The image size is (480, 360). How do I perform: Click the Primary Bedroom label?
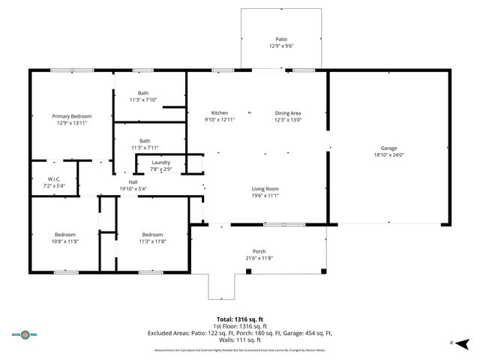[72, 116]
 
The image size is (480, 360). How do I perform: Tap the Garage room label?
[388, 148]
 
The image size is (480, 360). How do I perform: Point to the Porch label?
[259, 251]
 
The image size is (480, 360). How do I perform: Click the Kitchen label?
[220, 112]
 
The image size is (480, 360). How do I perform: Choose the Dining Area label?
[288, 112]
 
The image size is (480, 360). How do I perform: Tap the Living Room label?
[265, 189]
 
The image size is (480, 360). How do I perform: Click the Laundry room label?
[160, 162]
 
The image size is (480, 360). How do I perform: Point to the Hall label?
[133, 181]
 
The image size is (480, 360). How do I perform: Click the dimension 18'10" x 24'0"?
[388, 154]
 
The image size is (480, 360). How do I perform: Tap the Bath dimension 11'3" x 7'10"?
[143, 100]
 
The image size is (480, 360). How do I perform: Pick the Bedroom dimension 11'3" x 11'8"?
[152, 241]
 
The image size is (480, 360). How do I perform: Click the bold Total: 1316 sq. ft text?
[240, 318]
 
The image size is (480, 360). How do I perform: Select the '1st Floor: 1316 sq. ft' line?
[240, 325]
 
